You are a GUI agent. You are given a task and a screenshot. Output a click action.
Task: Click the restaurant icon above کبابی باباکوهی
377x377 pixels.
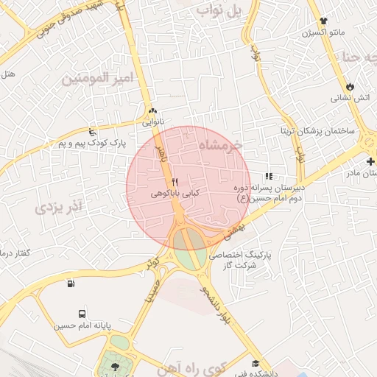[175, 181]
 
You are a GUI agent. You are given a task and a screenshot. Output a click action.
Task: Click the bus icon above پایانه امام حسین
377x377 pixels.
[82, 314]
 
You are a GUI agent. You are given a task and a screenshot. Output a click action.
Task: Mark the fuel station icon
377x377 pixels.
[71, 284]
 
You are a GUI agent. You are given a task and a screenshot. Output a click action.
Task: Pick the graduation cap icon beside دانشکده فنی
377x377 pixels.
[256, 363]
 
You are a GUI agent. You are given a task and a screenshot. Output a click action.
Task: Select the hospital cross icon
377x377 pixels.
[370, 161]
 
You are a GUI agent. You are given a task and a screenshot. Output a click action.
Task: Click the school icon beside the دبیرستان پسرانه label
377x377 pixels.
[269, 176]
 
